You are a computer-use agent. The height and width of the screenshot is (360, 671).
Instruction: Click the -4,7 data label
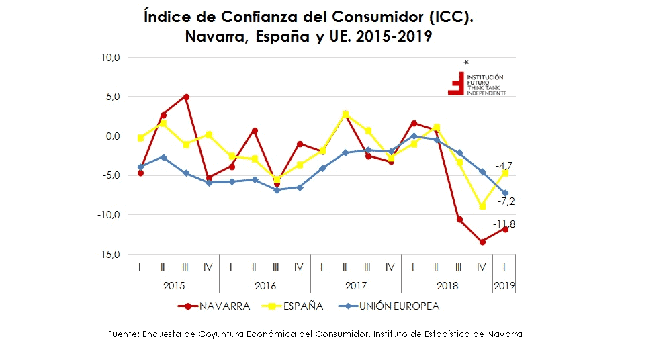tap(504, 165)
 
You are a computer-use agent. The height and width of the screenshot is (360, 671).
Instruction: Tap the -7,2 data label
tap(505, 201)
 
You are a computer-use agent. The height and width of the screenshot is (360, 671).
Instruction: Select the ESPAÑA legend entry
tap(302, 306)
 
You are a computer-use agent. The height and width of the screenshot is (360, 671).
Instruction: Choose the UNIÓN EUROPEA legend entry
tap(397, 306)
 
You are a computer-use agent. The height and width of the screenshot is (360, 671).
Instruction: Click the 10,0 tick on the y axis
tap(109, 58)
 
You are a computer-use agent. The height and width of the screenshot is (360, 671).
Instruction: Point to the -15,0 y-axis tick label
tap(107, 255)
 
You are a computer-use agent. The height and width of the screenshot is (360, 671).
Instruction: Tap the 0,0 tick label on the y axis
tap(111, 136)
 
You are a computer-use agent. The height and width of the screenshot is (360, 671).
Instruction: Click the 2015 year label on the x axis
tap(174, 285)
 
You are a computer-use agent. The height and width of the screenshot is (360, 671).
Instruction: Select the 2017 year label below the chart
tap(356, 285)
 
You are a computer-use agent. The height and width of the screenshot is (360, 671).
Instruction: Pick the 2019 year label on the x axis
tap(504, 285)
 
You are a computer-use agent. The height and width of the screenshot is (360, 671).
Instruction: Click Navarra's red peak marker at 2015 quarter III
tap(186, 97)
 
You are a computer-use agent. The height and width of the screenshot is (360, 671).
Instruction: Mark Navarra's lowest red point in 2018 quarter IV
tap(482, 242)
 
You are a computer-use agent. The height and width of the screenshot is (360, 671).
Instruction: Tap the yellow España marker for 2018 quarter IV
tap(482, 206)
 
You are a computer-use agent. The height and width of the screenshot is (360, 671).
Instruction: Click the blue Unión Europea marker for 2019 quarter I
tap(505, 193)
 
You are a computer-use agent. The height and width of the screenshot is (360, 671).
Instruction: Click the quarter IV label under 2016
tap(299, 267)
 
